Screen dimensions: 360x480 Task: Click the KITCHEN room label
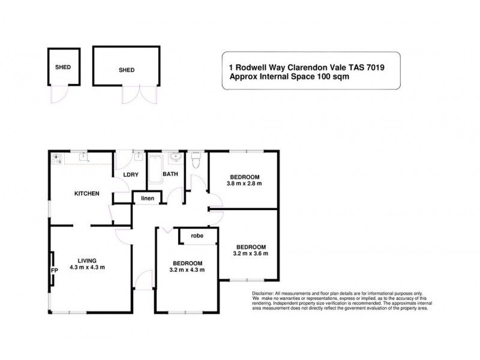86,193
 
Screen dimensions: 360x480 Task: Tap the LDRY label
131,175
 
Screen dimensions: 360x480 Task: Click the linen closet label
147,198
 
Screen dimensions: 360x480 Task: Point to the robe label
197,236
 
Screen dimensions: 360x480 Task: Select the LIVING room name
87,260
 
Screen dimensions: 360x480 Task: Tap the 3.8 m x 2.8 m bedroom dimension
244,184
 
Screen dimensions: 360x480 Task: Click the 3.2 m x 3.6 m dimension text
251,254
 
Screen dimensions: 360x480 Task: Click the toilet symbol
195,160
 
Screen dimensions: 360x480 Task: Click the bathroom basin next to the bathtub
174,158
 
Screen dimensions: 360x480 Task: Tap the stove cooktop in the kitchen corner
57,159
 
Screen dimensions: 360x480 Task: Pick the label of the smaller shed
62,67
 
